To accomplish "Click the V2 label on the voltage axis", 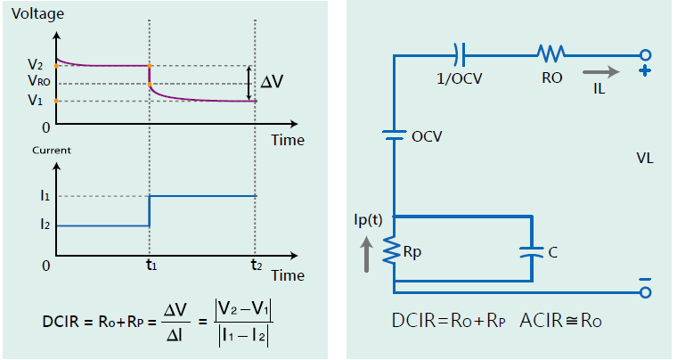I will (34, 65).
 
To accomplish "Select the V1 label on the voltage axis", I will (34, 101).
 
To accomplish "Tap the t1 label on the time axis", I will (151, 265).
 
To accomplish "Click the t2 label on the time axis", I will (256, 265).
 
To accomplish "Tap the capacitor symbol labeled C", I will (532, 252).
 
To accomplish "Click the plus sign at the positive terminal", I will (642, 72).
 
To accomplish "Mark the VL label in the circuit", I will (645, 159).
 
